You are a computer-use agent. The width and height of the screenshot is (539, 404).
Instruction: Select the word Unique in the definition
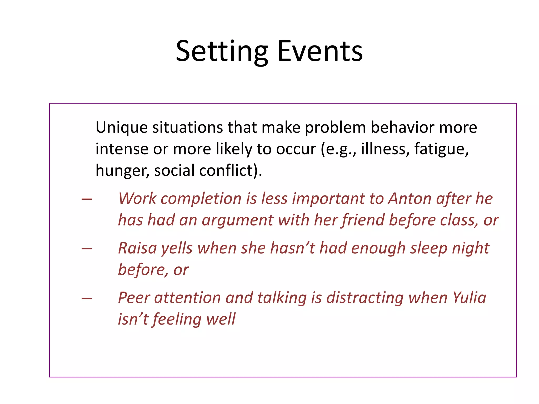[121, 128]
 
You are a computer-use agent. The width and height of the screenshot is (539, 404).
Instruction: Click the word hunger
[122, 171]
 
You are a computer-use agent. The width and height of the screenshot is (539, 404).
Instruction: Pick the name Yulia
[469, 298]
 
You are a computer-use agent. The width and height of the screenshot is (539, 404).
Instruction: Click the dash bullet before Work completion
[87, 199]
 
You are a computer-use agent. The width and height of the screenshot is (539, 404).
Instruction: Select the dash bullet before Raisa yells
[87, 249]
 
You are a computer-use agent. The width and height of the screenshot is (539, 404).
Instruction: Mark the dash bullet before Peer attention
[87, 298]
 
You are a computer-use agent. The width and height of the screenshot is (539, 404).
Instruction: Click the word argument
[238, 220]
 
